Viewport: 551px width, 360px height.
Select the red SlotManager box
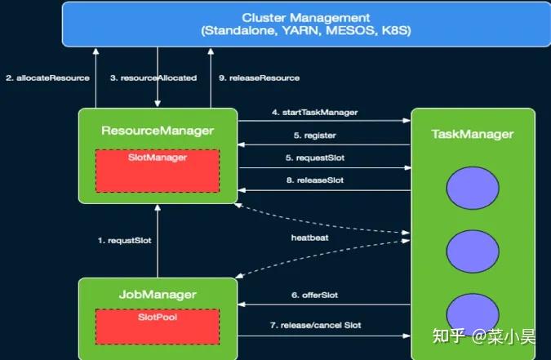click(x=157, y=171)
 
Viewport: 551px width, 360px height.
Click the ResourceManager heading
click(x=158, y=131)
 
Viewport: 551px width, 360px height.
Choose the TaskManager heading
click(x=473, y=134)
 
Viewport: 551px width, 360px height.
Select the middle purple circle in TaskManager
click(x=473, y=248)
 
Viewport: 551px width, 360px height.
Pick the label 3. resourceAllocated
click(x=153, y=78)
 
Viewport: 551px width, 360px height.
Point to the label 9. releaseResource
click(x=260, y=78)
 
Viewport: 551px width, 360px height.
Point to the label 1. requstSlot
click(x=124, y=241)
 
